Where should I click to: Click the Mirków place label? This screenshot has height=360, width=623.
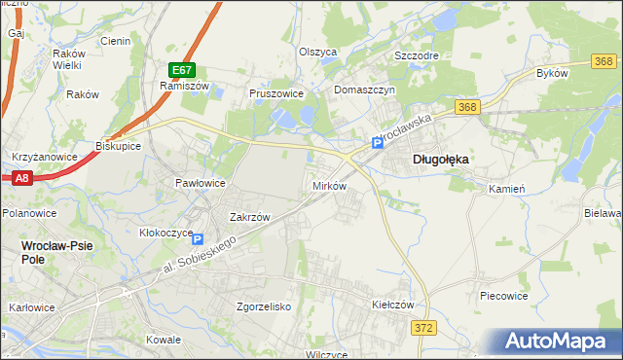[329, 185]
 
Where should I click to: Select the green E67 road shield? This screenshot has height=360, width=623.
[182, 70]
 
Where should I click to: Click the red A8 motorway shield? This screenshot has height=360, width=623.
[22, 178]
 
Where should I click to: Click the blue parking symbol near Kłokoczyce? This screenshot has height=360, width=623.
[200, 239]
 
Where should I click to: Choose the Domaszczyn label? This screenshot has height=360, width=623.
[363, 90]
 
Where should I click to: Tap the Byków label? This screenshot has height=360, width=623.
[551, 73]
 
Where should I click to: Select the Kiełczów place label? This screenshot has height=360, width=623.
[393, 305]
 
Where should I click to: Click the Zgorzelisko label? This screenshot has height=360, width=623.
[265, 306]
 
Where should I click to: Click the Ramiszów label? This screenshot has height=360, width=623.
[179, 86]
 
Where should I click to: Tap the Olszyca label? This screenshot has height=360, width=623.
[317, 52]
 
